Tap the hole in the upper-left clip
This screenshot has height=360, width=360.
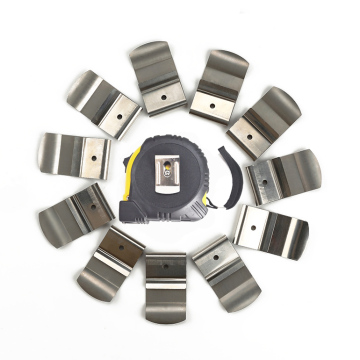point(118,115)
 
